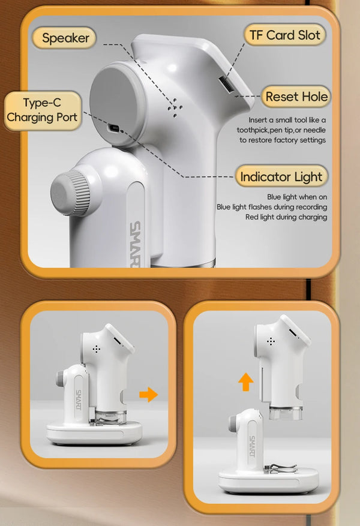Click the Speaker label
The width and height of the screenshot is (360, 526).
(66, 38)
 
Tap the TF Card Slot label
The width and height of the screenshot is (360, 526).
(284, 35)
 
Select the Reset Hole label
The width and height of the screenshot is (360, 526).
(296, 97)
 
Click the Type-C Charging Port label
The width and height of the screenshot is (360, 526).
(42, 110)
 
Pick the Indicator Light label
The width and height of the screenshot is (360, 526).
(281, 177)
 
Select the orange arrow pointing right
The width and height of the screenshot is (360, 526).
(148, 394)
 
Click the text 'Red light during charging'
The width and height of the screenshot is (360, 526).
(286, 217)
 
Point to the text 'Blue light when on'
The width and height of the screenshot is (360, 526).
(297, 197)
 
